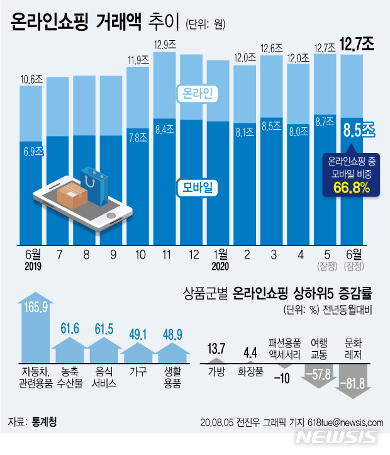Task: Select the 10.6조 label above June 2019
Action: pos(31,79)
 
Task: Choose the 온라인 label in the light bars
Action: pos(199,94)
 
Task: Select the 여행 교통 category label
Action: pos(318,348)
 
